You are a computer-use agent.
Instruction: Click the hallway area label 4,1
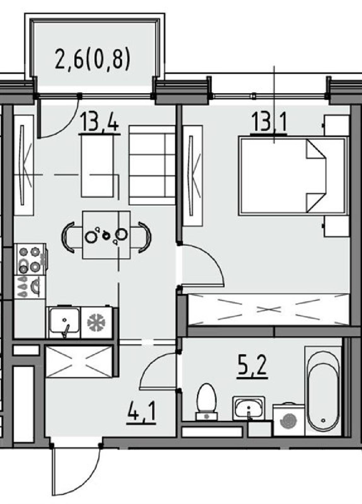point(141,414)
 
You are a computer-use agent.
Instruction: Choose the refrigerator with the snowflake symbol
point(97,322)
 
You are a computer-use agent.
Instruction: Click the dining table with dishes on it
point(106,235)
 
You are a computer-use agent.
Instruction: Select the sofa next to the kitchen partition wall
point(152,165)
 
